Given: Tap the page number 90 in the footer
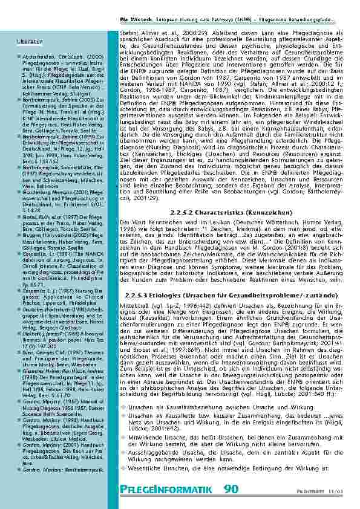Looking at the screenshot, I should [x=231, y=489].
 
